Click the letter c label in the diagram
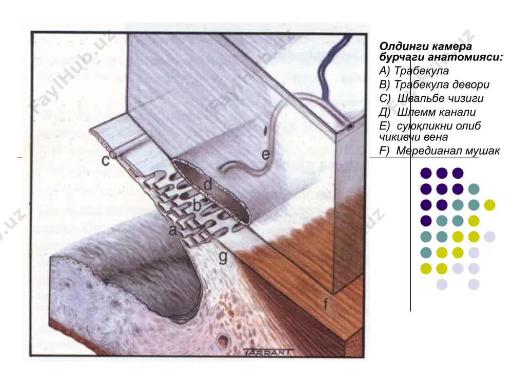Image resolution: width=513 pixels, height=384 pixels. (105, 160)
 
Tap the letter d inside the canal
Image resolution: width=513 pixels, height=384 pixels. (208, 184)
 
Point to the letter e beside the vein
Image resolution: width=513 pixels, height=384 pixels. (266, 155)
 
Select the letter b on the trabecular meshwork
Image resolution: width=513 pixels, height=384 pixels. (196, 205)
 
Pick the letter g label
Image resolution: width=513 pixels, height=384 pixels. (223, 258)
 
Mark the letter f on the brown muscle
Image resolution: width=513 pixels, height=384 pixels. (326, 304)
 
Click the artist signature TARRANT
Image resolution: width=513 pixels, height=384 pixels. (267, 352)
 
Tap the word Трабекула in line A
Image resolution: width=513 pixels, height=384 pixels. (421, 71)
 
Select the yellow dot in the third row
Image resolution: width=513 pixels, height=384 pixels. (489, 205)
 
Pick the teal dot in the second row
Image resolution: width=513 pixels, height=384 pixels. (473, 189)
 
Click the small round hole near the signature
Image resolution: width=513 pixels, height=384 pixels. (224, 340)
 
